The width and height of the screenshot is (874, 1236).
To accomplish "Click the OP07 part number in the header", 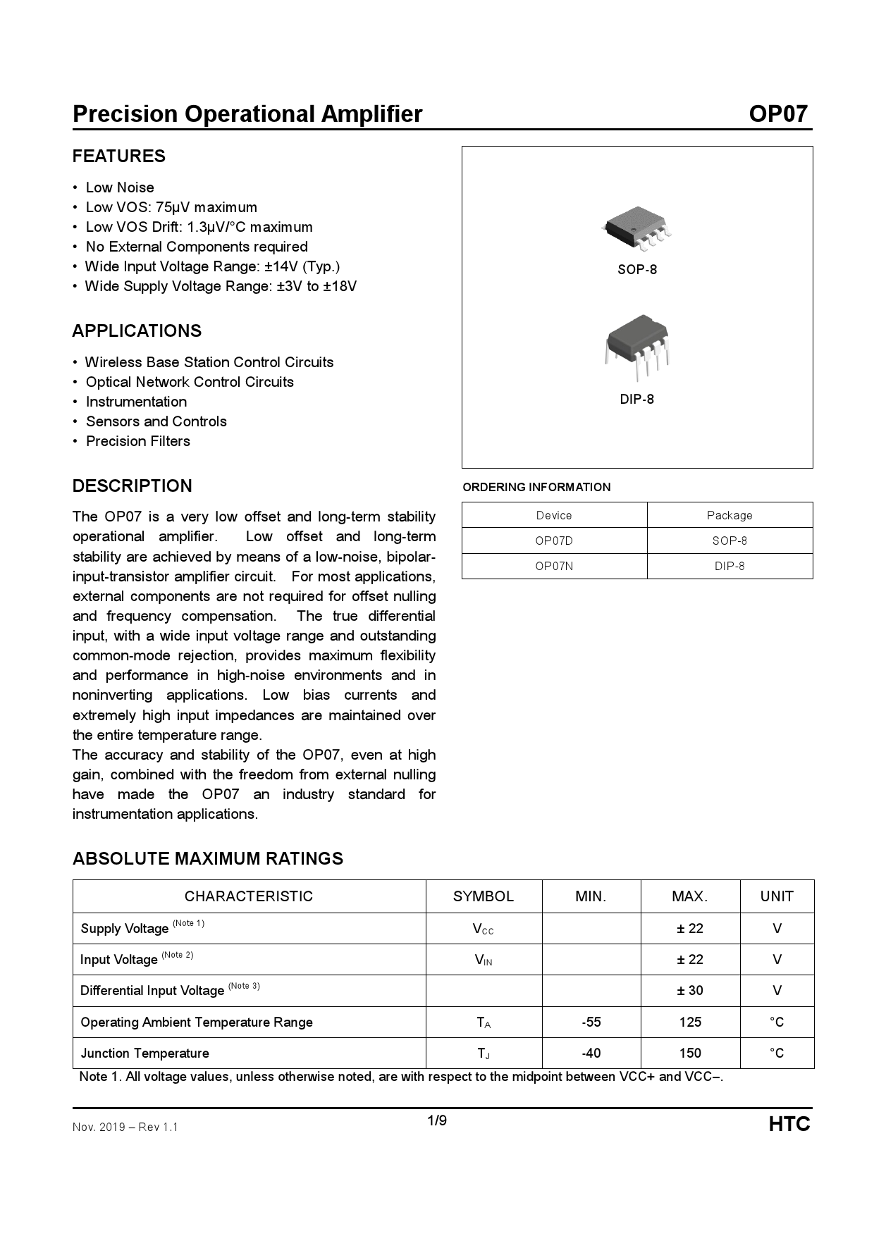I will tap(777, 114).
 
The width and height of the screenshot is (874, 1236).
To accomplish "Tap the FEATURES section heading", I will tap(119, 156).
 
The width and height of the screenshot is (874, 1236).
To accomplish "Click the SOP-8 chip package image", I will tap(637, 229).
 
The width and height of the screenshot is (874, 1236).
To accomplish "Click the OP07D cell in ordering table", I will tap(554, 541).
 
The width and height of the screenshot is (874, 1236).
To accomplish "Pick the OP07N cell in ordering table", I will tap(554, 567).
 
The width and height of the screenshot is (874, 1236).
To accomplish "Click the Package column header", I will tap(730, 516).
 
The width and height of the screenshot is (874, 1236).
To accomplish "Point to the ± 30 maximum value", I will tap(690, 991).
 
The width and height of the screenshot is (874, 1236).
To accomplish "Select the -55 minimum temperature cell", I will tap(591, 1022).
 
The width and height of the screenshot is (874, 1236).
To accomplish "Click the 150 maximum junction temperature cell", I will tap(690, 1053).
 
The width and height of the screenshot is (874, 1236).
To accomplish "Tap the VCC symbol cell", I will tap(484, 929).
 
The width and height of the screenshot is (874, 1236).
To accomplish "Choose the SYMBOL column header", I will tap(484, 897).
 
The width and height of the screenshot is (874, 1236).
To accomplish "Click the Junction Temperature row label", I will tap(145, 1053).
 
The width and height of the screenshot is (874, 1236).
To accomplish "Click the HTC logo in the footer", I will tap(789, 1125).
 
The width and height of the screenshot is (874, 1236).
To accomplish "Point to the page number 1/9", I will tap(437, 1121).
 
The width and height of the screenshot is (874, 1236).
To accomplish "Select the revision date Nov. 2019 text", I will tap(99, 1127).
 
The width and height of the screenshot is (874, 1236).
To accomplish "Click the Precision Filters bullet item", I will tap(138, 442).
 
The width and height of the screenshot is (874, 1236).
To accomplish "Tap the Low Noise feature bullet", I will tap(120, 188).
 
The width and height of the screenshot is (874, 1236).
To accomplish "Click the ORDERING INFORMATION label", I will tap(536, 488).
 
